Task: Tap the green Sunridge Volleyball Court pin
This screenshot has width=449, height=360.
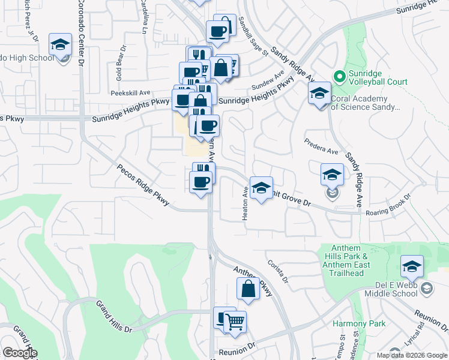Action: [339, 76]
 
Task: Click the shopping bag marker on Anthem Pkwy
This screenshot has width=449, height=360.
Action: [248, 289]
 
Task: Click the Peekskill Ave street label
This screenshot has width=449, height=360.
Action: [130, 93]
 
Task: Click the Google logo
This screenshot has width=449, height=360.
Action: [19, 353]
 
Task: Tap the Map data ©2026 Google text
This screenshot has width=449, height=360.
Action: [412, 355]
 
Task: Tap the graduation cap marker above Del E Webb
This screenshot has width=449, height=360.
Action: [412, 266]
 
